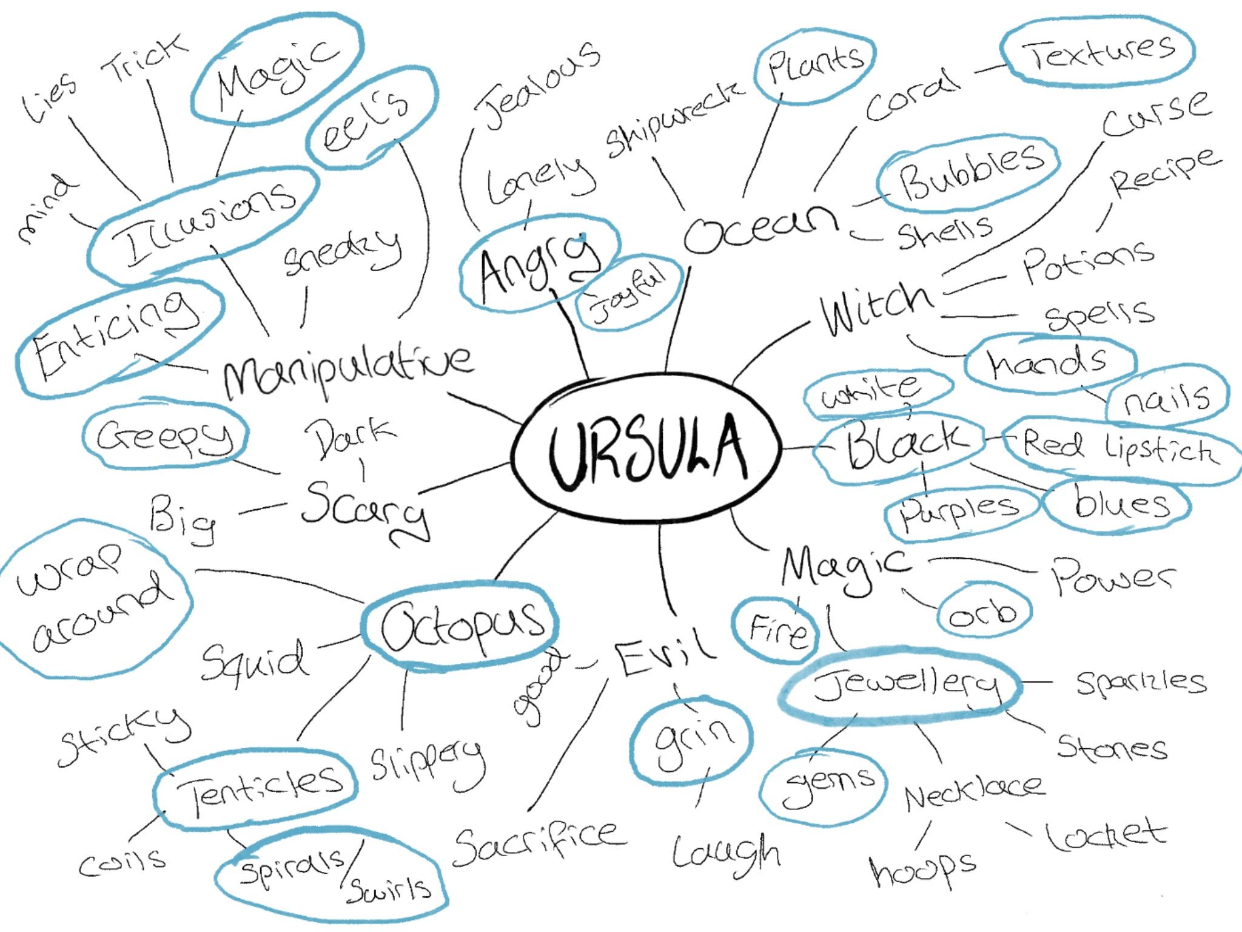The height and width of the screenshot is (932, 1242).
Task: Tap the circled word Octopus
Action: tap(462, 626)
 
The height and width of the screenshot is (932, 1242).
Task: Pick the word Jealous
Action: tap(537, 85)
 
